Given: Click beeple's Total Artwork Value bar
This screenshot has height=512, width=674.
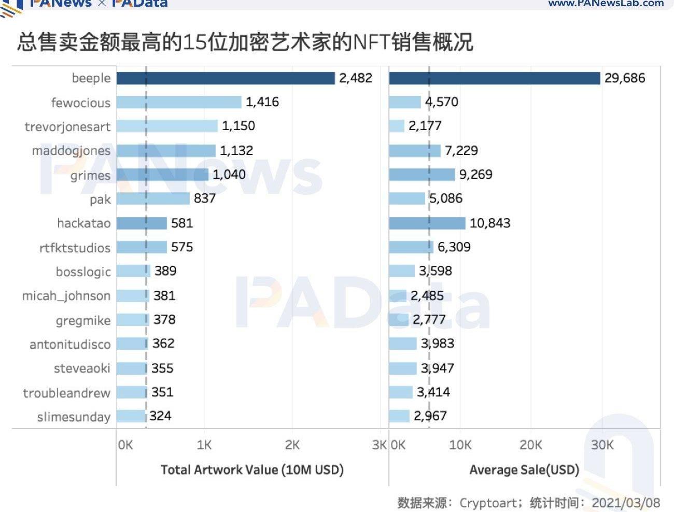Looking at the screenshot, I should tap(226, 78).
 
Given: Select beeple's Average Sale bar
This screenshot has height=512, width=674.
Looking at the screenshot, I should tap(494, 78).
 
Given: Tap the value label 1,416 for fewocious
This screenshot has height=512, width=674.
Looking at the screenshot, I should tap(262, 102).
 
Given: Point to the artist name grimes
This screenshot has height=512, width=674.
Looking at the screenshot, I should tap(90, 176).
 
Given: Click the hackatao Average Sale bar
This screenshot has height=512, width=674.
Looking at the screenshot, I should tap(427, 223).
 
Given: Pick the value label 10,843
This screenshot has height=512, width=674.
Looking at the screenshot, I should tap(490, 223).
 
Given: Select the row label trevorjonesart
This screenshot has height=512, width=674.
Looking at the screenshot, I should tap(67, 127).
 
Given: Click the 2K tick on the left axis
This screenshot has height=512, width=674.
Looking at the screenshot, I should tap(292, 445).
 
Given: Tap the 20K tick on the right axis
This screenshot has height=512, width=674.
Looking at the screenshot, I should tap(530, 445).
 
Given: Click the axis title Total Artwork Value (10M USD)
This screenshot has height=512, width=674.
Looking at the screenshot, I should tap(252, 470).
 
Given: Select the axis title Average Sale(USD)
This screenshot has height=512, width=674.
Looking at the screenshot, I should tap(524, 470).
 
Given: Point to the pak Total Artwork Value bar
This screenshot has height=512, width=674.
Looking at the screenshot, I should tap(153, 198).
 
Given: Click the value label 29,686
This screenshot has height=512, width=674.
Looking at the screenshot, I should tap(625, 78).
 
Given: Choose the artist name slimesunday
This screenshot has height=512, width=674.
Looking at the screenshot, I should tap(74, 417).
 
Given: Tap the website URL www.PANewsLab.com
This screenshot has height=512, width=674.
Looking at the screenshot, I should tap(606, 4).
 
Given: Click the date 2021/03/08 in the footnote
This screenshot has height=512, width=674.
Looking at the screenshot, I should tap(626, 503).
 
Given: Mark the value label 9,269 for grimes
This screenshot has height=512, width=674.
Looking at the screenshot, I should tap(475, 175).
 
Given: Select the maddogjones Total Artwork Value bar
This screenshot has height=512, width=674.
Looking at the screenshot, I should tap(166, 151).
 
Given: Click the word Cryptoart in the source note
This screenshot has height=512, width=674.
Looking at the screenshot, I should tap(487, 503).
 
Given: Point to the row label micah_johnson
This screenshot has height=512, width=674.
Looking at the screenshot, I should tap(66, 296).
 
